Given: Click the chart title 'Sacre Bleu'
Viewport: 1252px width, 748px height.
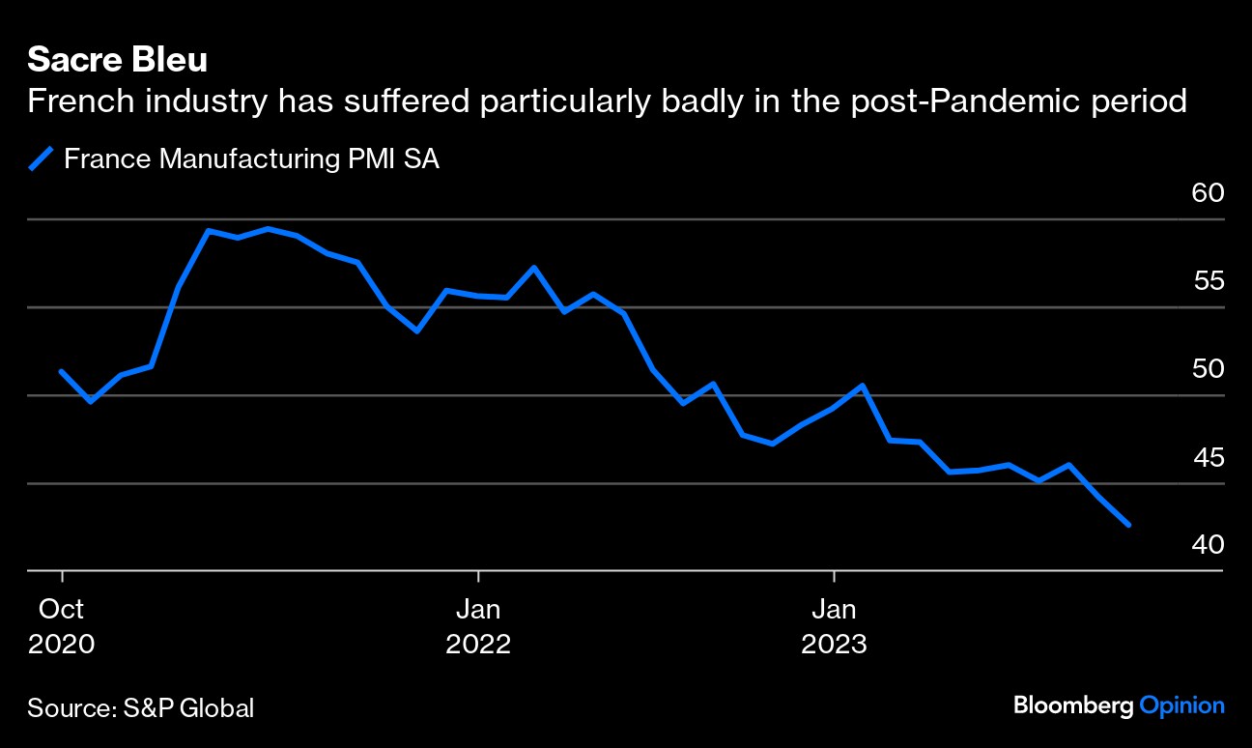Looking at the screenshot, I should pos(117,60).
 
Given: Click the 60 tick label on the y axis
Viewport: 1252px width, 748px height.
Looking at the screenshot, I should pos(1208,193).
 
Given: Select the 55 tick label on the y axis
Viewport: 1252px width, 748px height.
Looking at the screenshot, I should pos(1208,281).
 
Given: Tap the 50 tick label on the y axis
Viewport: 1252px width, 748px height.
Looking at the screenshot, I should pos(1208,369).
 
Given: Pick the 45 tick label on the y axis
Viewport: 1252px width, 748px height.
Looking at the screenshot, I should pos(1208,457).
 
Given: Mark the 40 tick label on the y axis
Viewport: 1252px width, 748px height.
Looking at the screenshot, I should pos(1208,545).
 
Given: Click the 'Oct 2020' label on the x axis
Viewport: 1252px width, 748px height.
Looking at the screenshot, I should pos(61,626).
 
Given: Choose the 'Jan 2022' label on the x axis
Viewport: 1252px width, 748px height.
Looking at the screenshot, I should pos(477,626).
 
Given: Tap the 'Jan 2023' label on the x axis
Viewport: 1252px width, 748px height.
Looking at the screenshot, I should pos(833,626).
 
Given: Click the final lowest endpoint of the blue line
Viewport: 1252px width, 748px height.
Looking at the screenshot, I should pos(1128,525).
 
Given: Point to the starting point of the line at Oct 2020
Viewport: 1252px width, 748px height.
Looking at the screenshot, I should pos(62,372).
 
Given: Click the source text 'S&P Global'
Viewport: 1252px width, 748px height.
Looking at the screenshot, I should pos(188,707).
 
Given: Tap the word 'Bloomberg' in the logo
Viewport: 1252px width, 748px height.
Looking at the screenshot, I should pos(1072,705).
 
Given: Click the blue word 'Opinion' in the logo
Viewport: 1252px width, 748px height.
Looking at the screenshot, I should pos(1181,705).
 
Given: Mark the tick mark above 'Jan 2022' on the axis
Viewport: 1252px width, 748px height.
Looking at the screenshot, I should pos(477,578).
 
